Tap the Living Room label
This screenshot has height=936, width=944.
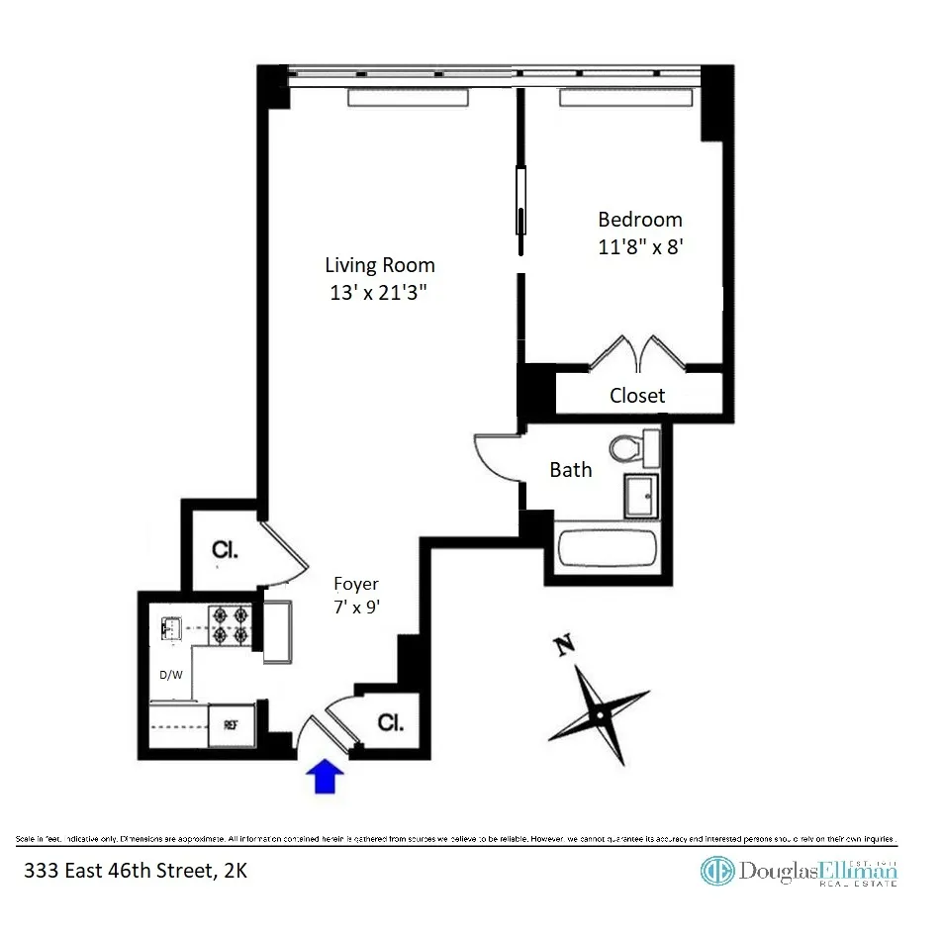pos(380,265)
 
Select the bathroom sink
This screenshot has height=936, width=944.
pos(640,494)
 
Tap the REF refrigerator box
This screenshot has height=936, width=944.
pos(232,724)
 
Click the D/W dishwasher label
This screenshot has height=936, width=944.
pos(171,676)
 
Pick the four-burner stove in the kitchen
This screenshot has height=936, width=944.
pos(232,625)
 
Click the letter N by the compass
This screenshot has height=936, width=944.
pos(565,647)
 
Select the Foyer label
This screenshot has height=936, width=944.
pos(355,584)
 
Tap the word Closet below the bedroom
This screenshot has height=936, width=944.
pos(637,396)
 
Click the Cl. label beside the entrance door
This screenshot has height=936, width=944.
pos(391,722)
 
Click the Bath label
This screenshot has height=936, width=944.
pos(571,470)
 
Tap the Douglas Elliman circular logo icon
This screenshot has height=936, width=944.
pos(717,870)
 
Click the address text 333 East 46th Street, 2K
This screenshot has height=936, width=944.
pos(130,872)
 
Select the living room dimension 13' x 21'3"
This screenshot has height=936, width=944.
pos(380,293)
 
